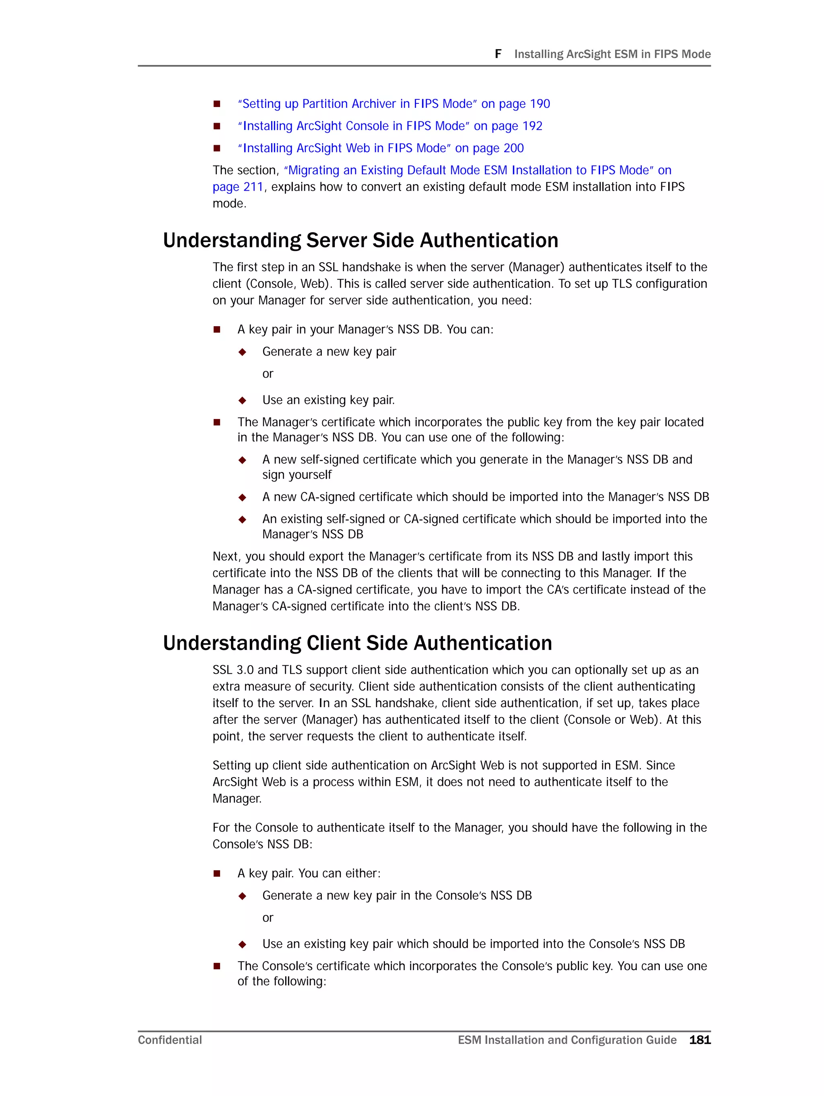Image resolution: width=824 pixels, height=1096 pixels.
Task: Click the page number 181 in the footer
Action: [x=700, y=1040]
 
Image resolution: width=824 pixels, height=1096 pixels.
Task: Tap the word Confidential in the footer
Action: [x=169, y=1040]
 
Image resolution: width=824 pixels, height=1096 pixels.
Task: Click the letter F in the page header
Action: [x=498, y=53]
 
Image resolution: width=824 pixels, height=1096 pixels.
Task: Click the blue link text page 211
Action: [x=237, y=187]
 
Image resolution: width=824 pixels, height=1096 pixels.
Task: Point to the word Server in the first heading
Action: [x=337, y=240]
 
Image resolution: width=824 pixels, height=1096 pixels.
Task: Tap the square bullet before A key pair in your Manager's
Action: [x=216, y=329]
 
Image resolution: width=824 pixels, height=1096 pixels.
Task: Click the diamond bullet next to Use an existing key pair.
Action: [x=243, y=400]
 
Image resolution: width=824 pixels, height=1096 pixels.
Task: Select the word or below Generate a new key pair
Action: [x=268, y=374]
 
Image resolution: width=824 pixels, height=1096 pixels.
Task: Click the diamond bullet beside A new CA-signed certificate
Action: [x=243, y=497]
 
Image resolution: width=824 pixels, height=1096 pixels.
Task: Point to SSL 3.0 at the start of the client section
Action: [x=233, y=670]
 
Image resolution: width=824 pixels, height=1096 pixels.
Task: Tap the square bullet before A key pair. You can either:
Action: [x=216, y=874]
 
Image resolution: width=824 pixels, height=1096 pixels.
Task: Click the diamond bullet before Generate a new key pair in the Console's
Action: [x=243, y=896]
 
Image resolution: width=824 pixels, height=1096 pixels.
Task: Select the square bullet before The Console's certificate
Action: [x=216, y=966]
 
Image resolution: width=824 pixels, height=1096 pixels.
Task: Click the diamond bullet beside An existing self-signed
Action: [x=243, y=519]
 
